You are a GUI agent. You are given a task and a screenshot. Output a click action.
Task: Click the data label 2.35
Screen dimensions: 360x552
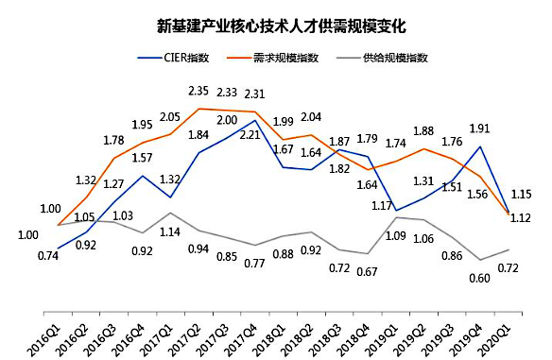click(x=198, y=92)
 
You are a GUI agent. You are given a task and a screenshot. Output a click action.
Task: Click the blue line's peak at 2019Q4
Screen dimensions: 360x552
click(x=482, y=146)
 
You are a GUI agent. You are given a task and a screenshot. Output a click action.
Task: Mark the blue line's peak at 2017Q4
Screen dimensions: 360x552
click(x=255, y=120)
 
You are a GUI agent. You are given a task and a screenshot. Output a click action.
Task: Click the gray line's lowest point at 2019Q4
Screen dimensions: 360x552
click(x=482, y=260)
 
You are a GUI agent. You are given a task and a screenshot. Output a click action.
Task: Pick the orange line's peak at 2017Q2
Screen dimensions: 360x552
click(x=198, y=109)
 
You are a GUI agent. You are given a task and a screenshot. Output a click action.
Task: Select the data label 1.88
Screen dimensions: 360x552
click(x=423, y=131)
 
